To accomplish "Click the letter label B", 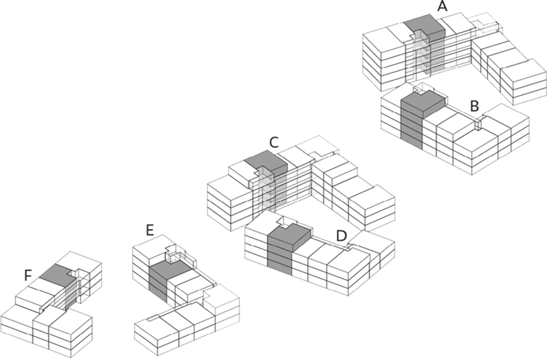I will [474, 106].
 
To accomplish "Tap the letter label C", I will [274, 143].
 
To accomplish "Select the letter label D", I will [341, 236].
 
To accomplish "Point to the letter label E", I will [149, 230].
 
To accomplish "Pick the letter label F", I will [28, 275].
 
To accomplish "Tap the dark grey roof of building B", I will [422, 103].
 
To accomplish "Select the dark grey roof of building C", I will [265, 162].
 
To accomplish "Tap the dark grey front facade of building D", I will [279, 258].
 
